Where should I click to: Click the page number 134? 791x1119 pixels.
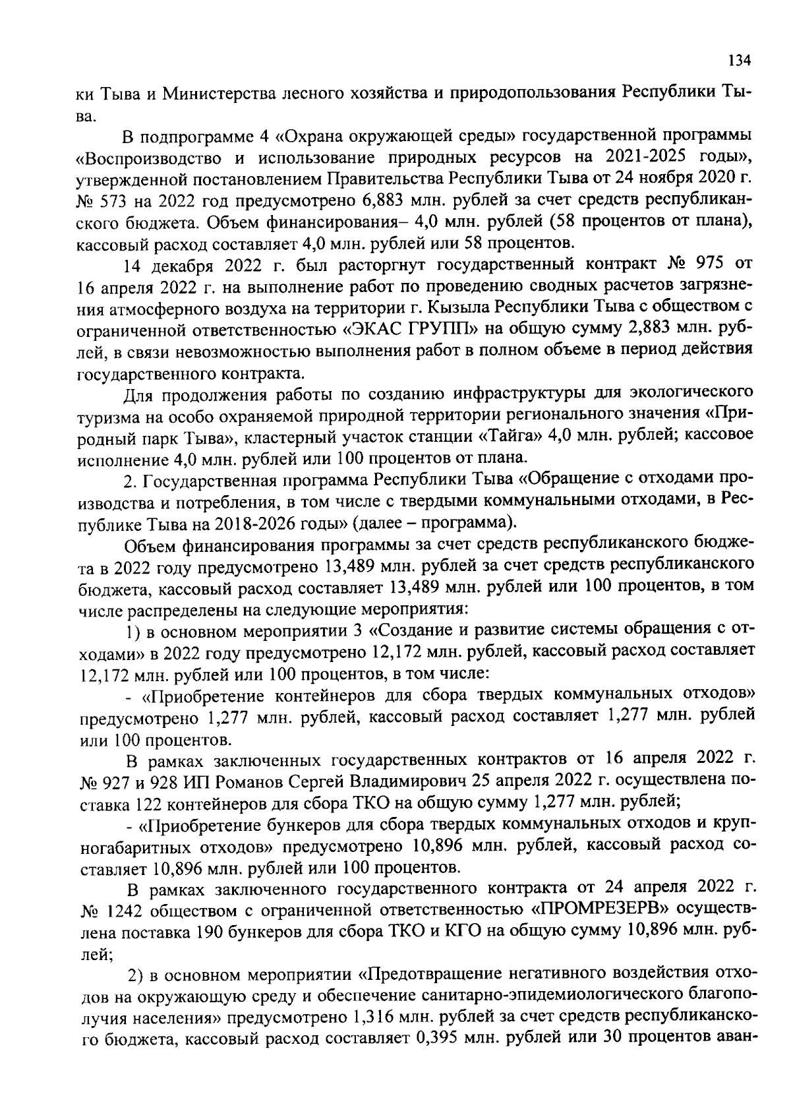739,60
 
